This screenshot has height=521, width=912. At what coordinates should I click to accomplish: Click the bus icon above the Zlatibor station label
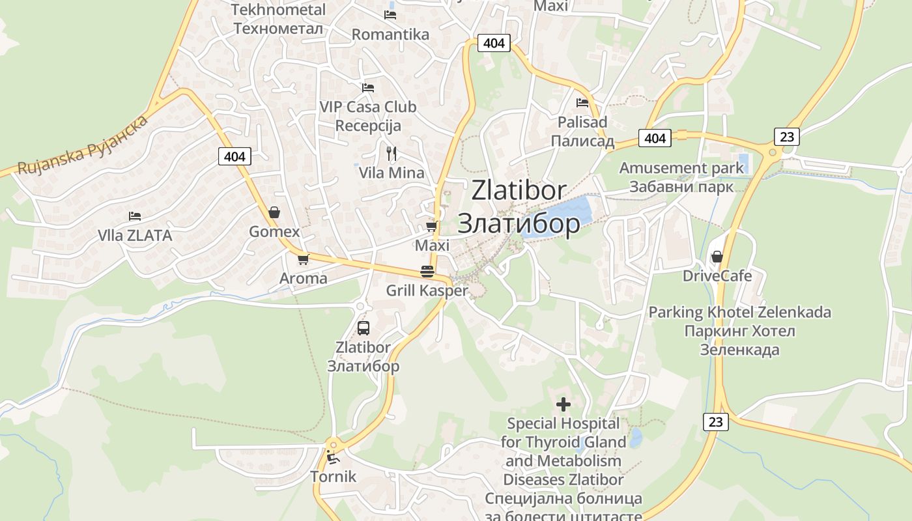pos(363,328)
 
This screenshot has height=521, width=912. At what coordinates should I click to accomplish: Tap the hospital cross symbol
pos(563,404)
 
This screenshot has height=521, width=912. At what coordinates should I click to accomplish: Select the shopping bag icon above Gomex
pos(274,212)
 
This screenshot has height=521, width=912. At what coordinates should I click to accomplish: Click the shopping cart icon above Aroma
pos(303,260)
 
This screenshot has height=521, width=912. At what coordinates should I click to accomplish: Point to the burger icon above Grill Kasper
pos(427,272)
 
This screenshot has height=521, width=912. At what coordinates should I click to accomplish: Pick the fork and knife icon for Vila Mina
pos(392,154)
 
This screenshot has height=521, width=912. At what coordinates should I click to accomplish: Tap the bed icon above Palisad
pos(582,102)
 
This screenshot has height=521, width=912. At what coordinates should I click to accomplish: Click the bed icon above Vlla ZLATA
pos(135,216)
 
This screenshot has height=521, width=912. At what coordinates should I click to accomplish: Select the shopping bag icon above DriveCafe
pos(717,257)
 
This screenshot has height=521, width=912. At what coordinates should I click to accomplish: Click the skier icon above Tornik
pos(333,457)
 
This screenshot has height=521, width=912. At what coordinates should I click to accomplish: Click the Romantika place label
pos(390,35)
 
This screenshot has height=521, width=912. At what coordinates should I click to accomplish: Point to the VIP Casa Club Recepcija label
pos(368,116)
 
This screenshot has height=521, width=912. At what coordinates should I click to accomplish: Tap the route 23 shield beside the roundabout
pos(787,137)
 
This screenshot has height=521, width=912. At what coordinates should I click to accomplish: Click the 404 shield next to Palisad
pos(655,138)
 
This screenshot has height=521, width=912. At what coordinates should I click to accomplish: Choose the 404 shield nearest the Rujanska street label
pos(235,156)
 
